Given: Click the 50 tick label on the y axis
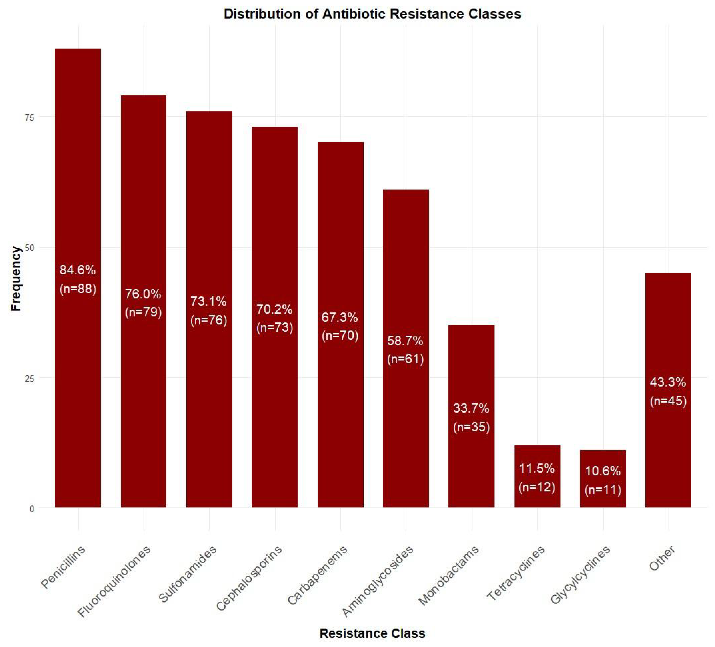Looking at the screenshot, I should click(x=29, y=248).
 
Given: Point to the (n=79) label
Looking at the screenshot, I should click(x=143, y=312).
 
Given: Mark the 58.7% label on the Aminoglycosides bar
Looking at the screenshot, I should click(x=405, y=341).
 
